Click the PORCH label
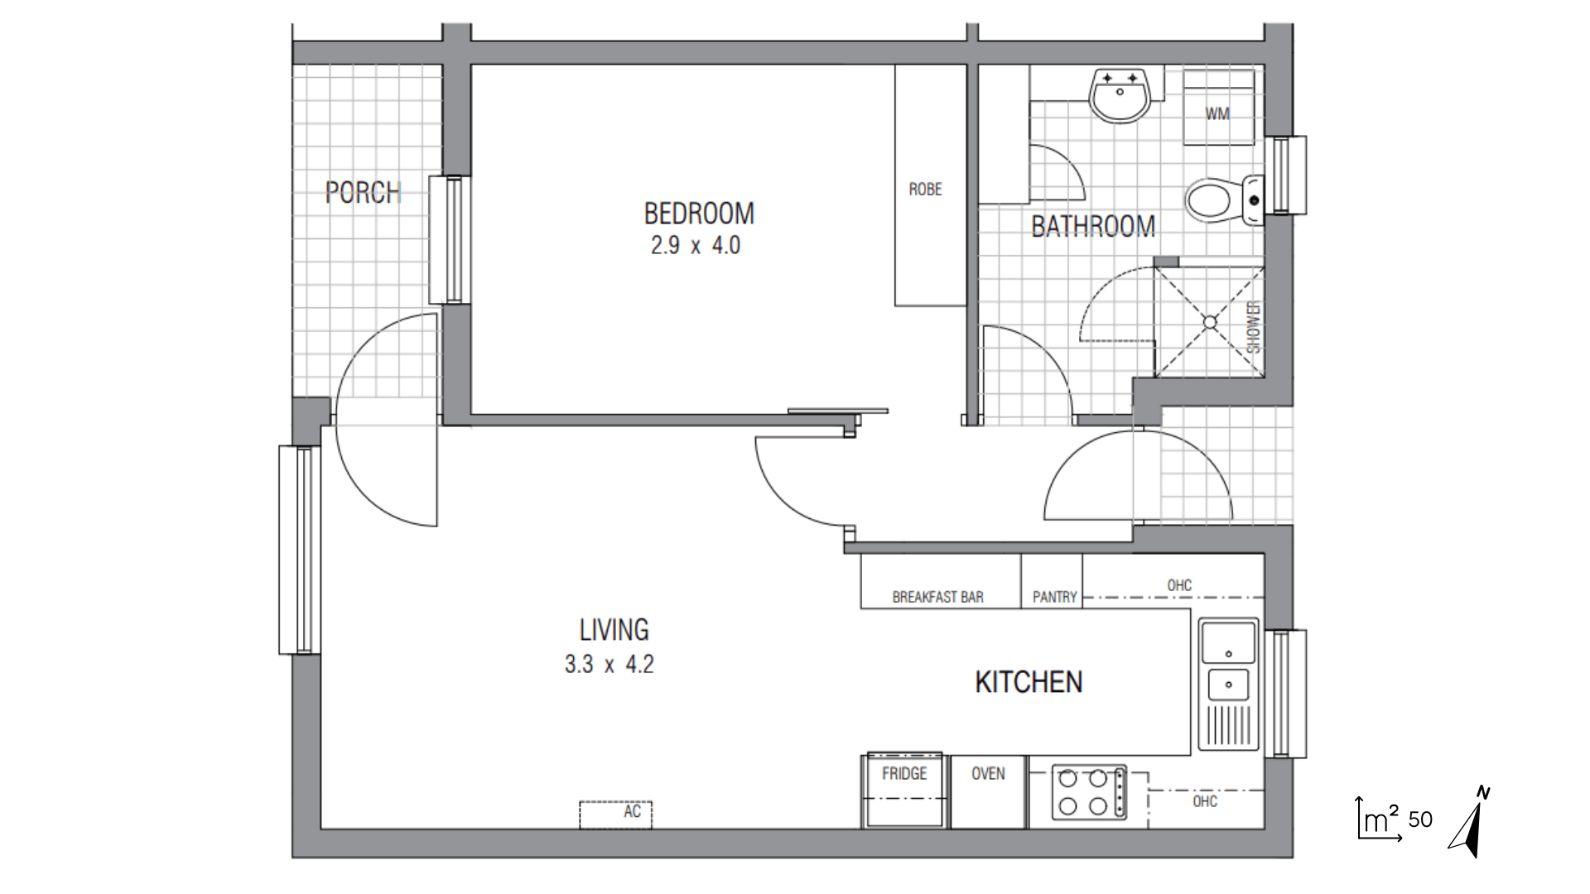[x=363, y=193]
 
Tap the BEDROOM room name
[x=699, y=214]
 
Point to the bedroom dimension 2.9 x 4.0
[x=696, y=246]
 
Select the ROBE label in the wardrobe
[x=925, y=190]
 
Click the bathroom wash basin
[x=1120, y=96]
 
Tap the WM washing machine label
[x=1217, y=113]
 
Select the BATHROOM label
[x=1093, y=226]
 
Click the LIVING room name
[x=614, y=630]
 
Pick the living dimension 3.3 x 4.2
[x=609, y=665]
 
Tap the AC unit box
[x=615, y=815]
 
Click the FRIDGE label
[x=904, y=773]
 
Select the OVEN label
[x=988, y=773]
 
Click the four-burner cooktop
[x=1089, y=792]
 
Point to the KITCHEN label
[x=1029, y=682]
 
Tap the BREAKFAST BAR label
[x=937, y=597]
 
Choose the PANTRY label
[x=1054, y=597]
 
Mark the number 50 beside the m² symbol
[x=1420, y=819]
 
